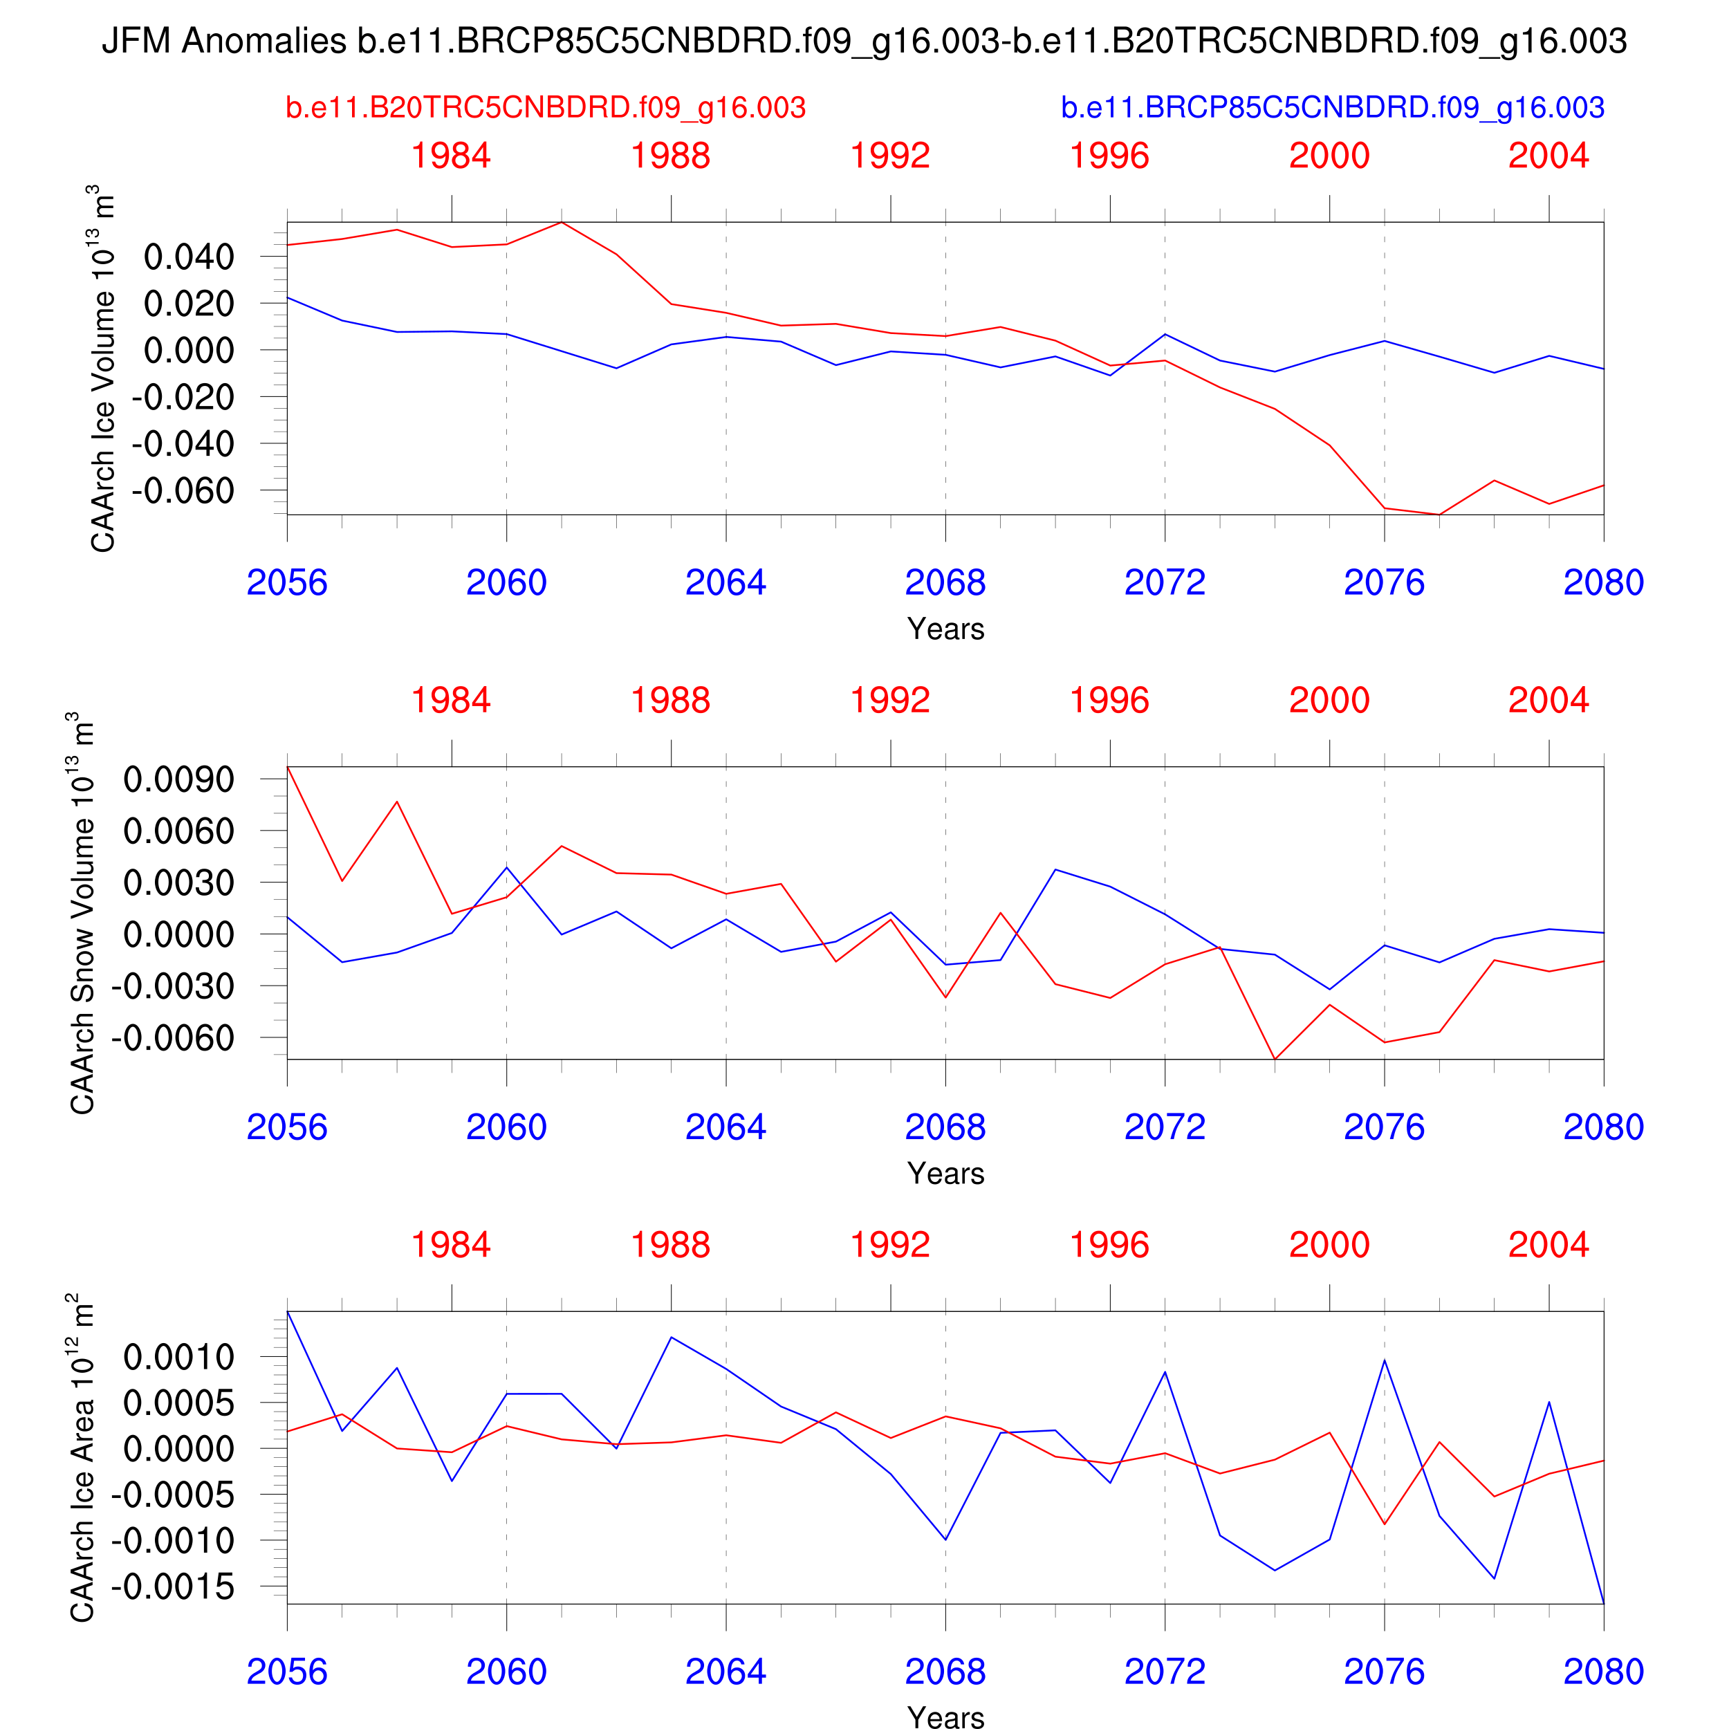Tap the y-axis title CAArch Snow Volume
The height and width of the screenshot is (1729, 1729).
82,913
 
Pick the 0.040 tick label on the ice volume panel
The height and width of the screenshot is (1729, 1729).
189,257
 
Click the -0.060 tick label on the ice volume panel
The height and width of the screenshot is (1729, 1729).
183,490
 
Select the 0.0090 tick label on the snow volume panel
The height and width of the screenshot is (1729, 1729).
178,779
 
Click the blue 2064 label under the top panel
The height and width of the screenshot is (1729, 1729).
725,582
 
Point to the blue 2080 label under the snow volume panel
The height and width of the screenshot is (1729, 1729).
1603,1127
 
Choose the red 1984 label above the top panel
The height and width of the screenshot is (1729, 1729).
451,156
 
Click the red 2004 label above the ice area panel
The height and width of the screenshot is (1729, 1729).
1548,1245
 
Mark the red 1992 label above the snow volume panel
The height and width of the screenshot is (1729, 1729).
891,700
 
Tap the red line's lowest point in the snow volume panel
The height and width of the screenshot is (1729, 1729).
1275,1059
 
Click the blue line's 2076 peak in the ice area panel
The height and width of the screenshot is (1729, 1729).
1385,1360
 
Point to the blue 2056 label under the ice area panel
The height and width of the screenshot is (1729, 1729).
286,1672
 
